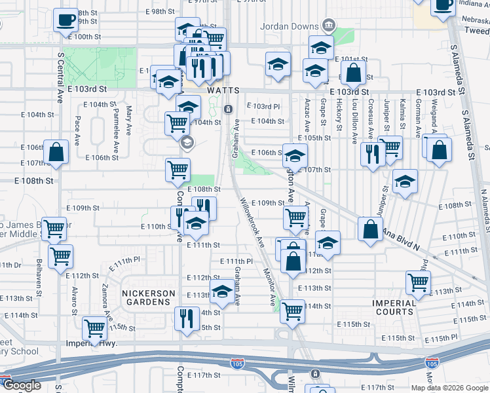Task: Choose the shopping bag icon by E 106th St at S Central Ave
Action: point(56,152)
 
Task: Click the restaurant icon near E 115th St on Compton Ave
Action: point(187,319)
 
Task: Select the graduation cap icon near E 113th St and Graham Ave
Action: point(222,291)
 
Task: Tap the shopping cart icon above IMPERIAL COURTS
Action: point(417,282)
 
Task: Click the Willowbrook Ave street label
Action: point(252,222)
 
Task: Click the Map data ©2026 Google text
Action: point(449,387)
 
